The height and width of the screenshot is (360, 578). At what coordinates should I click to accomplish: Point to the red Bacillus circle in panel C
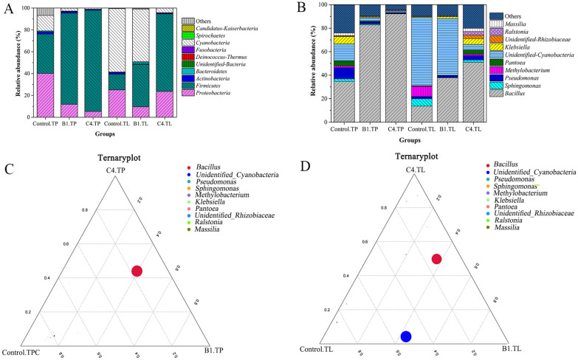(137, 271)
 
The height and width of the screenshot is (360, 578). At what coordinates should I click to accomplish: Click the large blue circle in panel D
(405, 336)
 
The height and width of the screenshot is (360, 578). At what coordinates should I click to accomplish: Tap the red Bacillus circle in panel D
(436, 258)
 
